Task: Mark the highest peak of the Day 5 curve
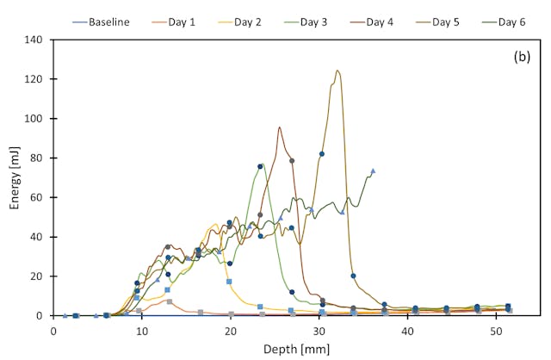click(337, 71)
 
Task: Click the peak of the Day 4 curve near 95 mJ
click(279, 127)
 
